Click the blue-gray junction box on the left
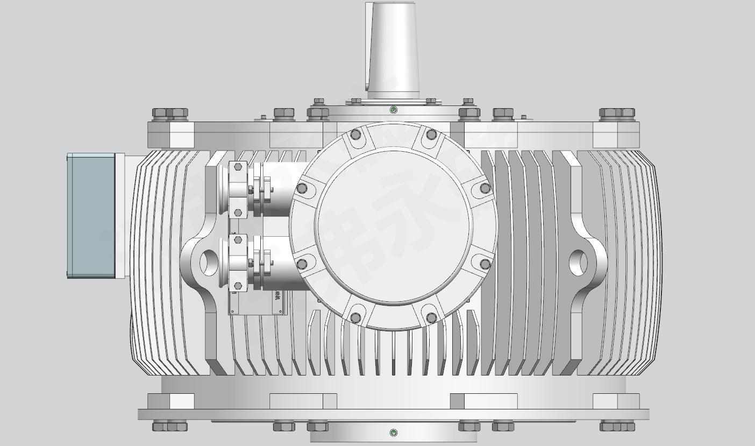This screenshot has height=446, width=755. point(91,215)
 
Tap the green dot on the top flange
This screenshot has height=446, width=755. point(393,110)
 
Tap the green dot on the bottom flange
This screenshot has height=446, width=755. point(393,433)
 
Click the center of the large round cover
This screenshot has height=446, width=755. point(393,226)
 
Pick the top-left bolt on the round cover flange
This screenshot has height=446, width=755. point(355,134)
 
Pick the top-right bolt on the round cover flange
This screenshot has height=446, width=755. point(431,134)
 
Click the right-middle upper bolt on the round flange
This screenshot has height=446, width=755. point(485,188)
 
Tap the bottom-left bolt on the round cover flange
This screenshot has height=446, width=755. point(355,318)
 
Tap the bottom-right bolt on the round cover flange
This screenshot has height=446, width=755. point(431,318)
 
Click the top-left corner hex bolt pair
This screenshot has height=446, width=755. point(170,113)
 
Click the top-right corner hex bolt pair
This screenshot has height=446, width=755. point(617,113)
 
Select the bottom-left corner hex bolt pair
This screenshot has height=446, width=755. point(170,427)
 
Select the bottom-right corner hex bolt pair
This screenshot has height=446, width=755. point(617,427)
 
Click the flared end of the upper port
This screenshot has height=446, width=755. point(223,188)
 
